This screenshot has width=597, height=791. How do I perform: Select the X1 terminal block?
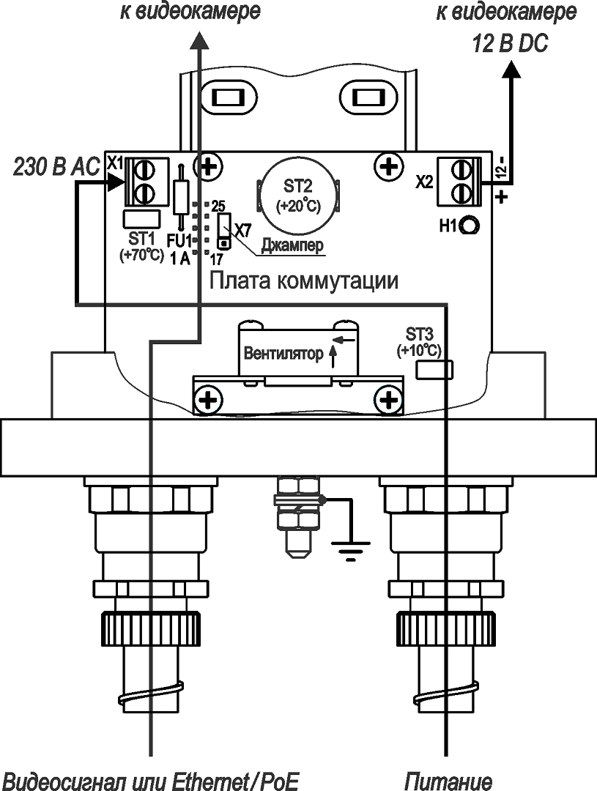click(141, 182)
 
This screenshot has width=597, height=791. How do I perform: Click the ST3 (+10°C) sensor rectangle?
click(434, 371)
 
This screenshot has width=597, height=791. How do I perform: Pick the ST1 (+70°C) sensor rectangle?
click(141, 218)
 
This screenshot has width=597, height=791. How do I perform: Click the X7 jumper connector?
click(225, 229)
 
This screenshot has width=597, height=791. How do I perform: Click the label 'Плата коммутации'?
click(304, 281)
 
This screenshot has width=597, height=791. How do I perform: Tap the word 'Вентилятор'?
click(283, 354)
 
